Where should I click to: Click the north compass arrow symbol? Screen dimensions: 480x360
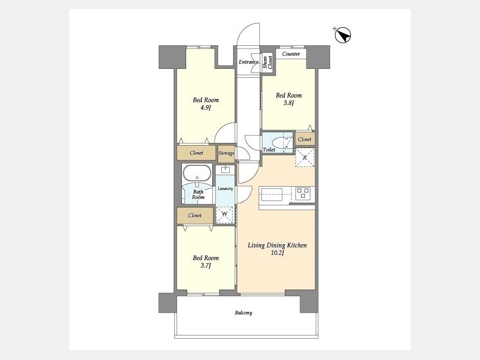342,35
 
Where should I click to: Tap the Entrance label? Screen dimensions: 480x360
249,62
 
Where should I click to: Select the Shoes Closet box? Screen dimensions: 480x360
268,63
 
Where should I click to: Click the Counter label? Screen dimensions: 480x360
291,54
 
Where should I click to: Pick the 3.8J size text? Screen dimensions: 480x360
289,103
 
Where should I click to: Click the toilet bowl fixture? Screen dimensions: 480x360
281,142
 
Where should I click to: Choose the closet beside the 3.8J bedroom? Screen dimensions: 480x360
305,139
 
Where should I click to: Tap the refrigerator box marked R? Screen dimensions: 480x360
305,157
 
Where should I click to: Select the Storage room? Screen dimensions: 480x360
226,153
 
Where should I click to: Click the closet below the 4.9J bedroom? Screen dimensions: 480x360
196,153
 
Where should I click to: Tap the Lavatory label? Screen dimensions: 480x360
225,189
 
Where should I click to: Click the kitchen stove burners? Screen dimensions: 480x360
303,194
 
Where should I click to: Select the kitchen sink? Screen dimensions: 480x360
271,195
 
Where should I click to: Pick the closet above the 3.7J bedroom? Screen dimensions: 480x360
195,215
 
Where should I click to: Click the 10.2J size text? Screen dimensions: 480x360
277,253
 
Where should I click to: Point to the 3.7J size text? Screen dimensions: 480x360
206,266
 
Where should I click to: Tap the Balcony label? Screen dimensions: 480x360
244,313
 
